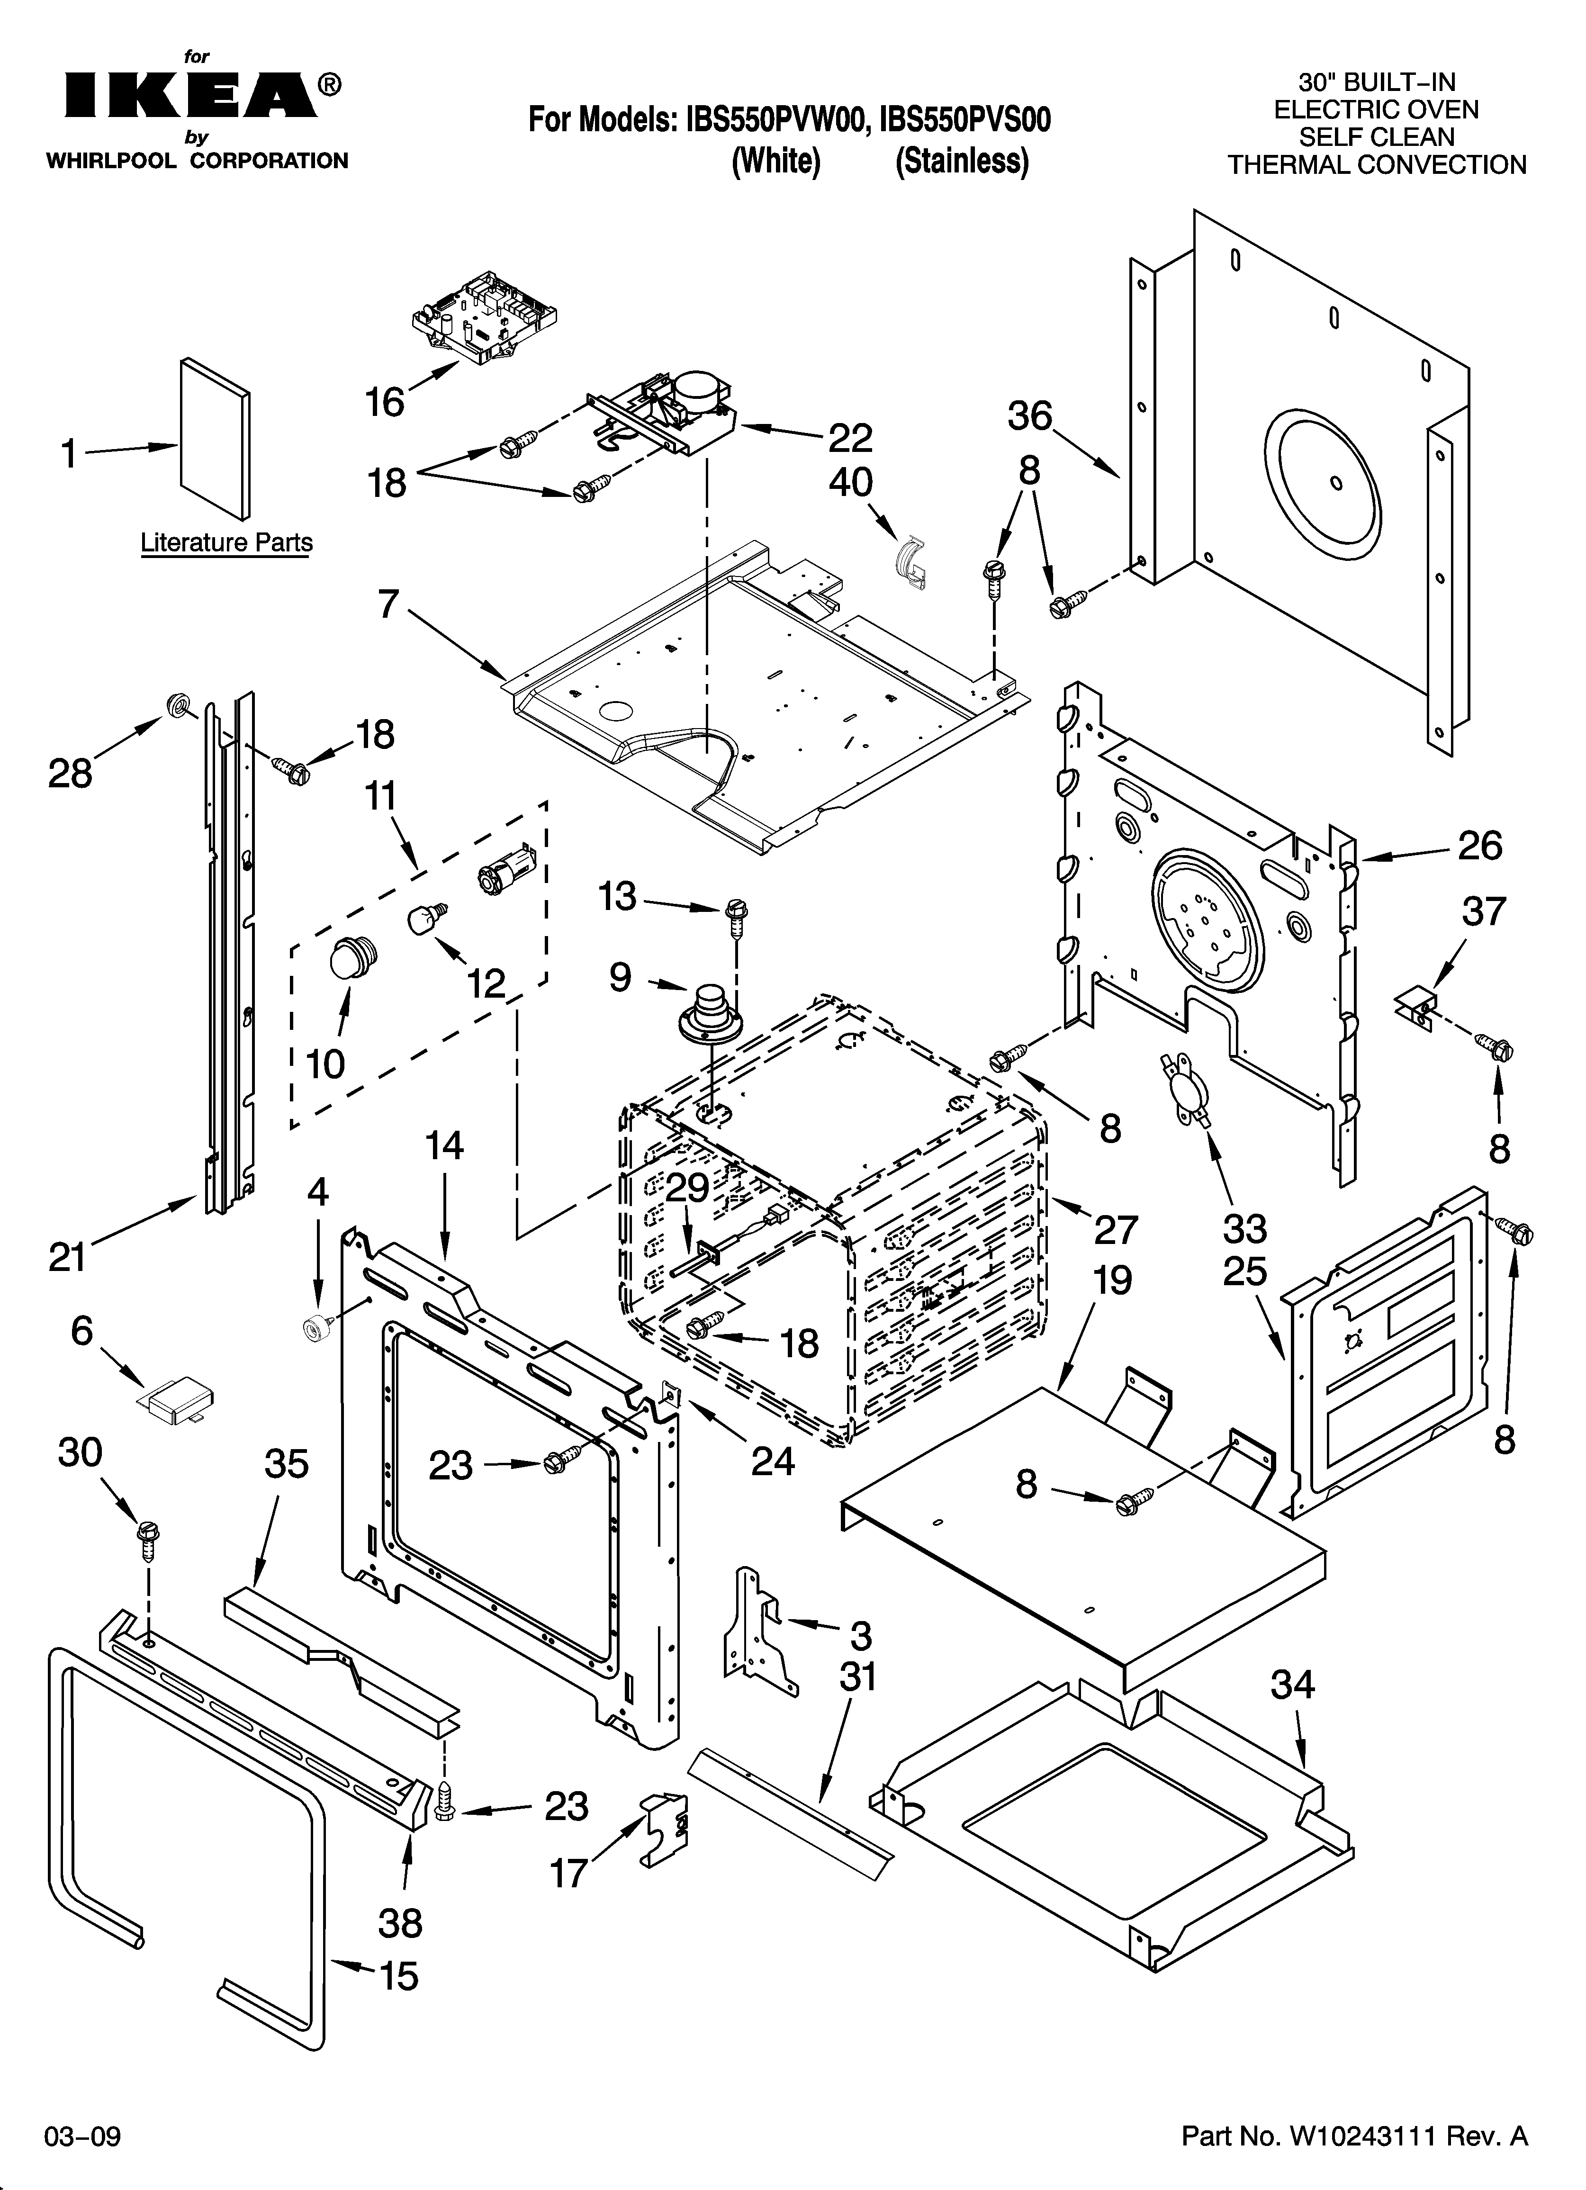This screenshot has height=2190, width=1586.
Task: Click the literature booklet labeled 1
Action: point(215,439)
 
